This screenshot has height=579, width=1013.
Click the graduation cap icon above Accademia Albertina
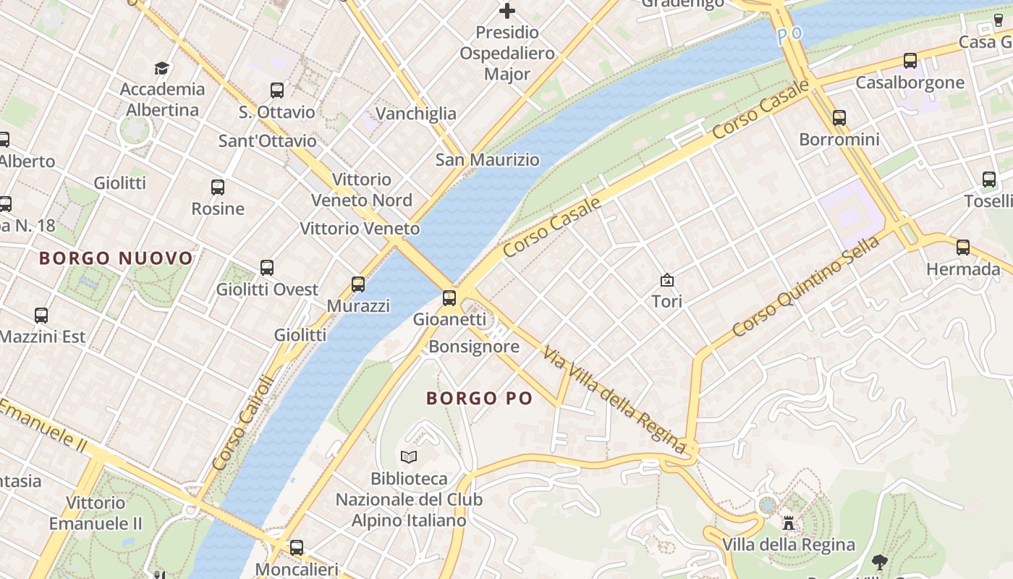tap(162, 68)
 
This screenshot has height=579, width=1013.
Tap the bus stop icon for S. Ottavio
tap(277, 90)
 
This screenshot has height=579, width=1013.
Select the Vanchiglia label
tap(416, 114)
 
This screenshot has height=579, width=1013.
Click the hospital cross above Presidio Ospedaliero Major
tap(507, 11)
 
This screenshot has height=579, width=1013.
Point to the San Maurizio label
tap(487, 160)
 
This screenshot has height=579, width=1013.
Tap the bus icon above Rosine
tap(218, 187)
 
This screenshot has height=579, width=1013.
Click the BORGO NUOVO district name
tap(116, 258)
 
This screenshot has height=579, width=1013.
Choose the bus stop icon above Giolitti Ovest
tap(267, 268)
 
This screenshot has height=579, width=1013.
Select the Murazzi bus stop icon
tap(358, 284)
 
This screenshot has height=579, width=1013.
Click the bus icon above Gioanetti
tap(449, 297)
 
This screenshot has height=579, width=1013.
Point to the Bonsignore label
tap(474, 347)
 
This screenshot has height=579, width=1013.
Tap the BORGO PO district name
tap(479, 398)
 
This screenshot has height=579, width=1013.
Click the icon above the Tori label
tap(667, 280)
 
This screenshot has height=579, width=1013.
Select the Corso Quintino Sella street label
tap(805, 287)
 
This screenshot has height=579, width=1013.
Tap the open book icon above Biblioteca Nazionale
tap(409, 457)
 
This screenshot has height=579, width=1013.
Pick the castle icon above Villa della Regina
tap(789, 522)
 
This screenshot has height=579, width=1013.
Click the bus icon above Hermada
tap(963, 248)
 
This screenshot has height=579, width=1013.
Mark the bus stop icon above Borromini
tap(839, 117)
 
